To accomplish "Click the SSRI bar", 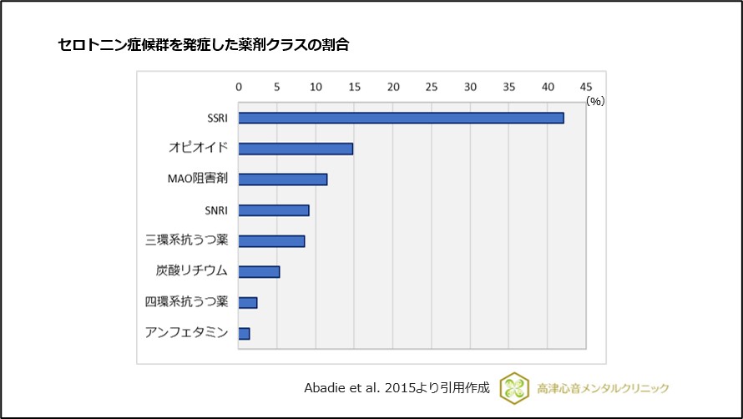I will click(x=401, y=118).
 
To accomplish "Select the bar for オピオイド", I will click(x=296, y=149).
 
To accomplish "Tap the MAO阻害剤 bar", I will click(x=283, y=179).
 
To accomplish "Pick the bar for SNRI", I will click(x=274, y=210).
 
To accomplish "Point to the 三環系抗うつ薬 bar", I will click(x=271, y=241).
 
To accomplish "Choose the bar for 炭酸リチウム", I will click(x=259, y=271).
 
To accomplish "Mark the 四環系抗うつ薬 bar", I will click(x=248, y=302).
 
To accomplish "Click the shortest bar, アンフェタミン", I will click(x=244, y=333).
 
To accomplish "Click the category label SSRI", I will click(x=217, y=118).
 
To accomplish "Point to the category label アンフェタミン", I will click(x=187, y=333).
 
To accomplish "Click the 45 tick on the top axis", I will click(x=586, y=87).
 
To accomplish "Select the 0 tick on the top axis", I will click(x=239, y=87).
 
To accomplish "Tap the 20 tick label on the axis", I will click(x=393, y=87).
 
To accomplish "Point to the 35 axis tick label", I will click(x=509, y=87).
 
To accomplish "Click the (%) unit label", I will click(x=594, y=100).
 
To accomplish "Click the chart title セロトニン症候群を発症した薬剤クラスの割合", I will click(x=203, y=45).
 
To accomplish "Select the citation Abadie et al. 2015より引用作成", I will click(x=397, y=388).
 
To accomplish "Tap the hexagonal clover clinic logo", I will click(x=514, y=388).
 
